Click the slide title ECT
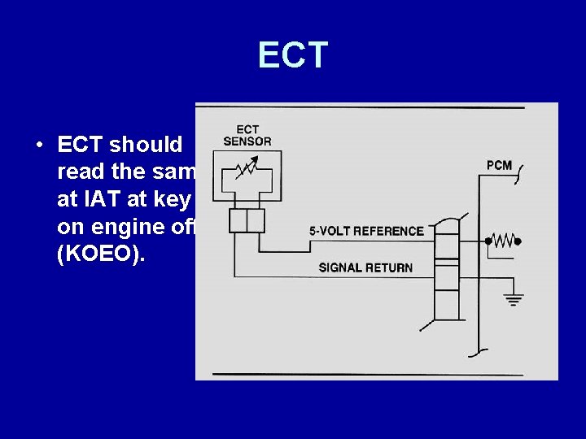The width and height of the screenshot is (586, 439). (293, 55)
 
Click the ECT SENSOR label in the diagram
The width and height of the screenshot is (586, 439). (247, 135)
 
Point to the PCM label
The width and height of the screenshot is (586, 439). (499, 165)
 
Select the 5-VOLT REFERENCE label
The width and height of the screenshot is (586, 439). (366, 231)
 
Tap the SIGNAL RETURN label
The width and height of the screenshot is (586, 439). (365, 267)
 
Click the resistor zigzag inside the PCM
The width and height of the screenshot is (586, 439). (504, 241)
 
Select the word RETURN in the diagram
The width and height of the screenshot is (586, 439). (389, 267)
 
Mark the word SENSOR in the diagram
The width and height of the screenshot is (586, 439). (247, 141)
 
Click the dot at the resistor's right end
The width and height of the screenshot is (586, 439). (518, 241)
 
